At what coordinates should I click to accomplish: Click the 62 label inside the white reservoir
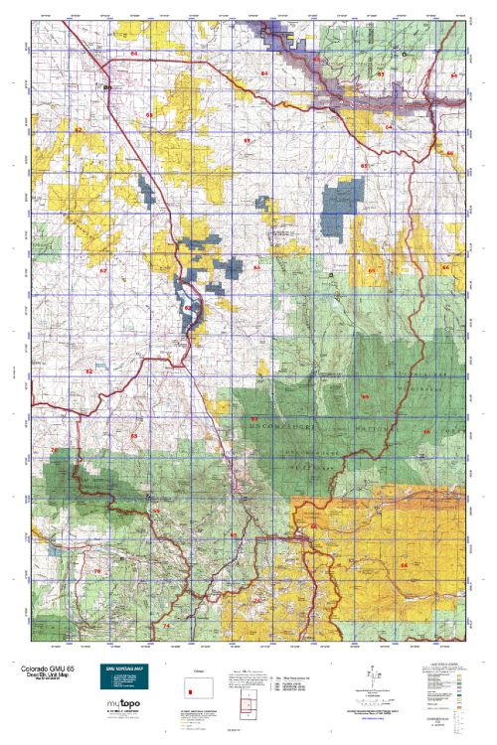click(x=187, y=308)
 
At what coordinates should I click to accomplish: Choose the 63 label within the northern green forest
click(x=380, y=74)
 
